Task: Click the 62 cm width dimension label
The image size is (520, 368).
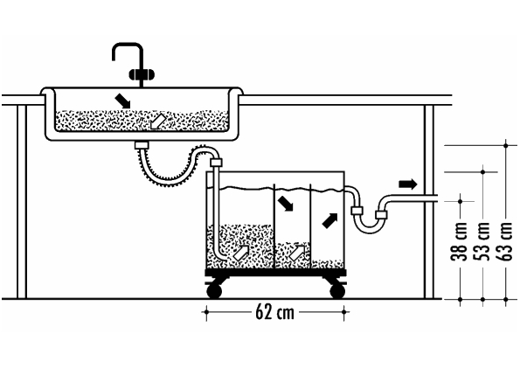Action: coord(274,312)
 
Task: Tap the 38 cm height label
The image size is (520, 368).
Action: coord(460,241)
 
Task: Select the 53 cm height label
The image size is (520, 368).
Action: coord(482,241)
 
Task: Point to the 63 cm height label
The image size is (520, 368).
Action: coord(506,241)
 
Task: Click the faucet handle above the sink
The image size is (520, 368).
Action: coord(142,74)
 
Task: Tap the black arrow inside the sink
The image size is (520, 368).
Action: coord(122,101)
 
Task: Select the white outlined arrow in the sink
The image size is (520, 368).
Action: coord(156,121)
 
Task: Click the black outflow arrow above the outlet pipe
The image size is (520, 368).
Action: coord(407,184)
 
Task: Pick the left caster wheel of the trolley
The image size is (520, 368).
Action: coord(214,291)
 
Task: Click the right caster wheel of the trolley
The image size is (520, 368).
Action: coord(337,291)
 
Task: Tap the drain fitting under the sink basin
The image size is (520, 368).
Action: coord(142,145)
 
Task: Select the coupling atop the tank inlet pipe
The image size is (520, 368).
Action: coord(216,163)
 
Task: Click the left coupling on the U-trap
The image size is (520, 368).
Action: coord(357,211)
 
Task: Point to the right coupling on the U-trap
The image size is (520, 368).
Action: coord(381,215)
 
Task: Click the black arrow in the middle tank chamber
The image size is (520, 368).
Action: coord(286,203)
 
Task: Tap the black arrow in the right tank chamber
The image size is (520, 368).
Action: coord(329,220)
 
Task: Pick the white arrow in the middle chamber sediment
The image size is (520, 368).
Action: coord(297,253)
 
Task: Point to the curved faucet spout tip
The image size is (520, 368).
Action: coord(114,58)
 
